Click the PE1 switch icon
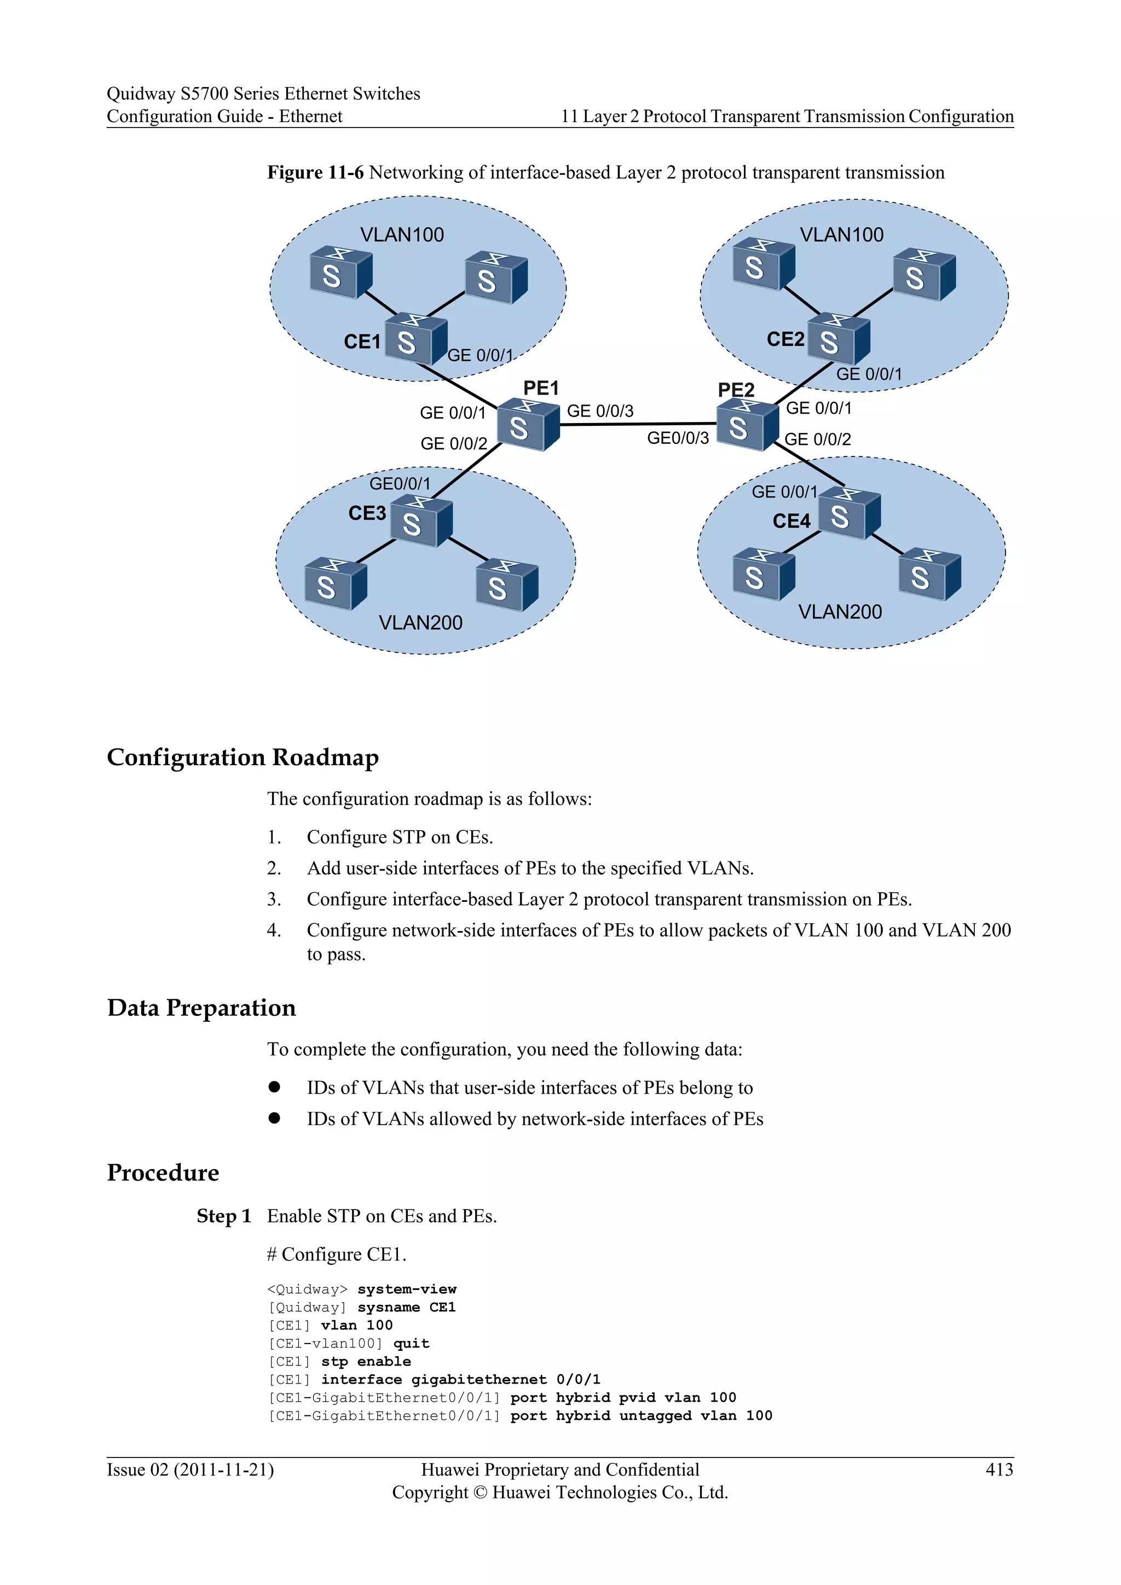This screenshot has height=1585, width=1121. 527,425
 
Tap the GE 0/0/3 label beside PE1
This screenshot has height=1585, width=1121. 600,412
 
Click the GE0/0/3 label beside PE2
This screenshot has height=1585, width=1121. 677,438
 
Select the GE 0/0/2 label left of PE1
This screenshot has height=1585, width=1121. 454,444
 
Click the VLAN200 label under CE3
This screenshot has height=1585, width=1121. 420,623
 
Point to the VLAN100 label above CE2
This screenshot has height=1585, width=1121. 841,235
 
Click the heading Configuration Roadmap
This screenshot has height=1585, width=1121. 243,757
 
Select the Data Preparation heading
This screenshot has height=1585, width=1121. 201,1008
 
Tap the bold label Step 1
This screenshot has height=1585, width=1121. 224,1216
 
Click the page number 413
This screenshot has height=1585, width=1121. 999,1470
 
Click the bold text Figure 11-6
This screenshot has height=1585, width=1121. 315,172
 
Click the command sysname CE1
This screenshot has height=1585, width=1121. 406,1308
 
